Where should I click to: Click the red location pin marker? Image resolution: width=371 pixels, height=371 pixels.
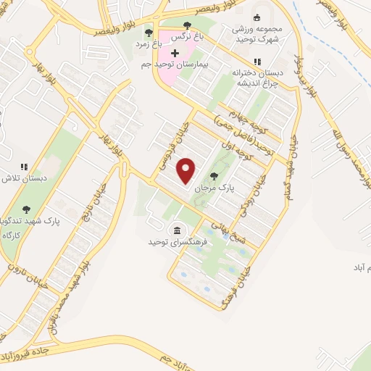pos(187,170)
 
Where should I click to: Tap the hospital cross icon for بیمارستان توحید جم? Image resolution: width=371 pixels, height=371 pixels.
pos(174,53)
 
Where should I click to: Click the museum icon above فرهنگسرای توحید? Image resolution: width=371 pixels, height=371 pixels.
pos(176,230)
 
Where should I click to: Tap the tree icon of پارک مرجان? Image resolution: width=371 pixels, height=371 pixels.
pos(214,176)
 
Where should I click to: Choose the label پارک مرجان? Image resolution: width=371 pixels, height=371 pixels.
pos(212,188)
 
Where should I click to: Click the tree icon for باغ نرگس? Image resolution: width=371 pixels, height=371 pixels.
pos(187,25)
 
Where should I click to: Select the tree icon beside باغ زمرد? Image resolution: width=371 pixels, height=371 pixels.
pos(149,33)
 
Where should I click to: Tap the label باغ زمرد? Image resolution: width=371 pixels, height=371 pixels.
pos(148,44)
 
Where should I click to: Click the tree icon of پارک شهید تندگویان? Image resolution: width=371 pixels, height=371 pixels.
pos(27,210)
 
